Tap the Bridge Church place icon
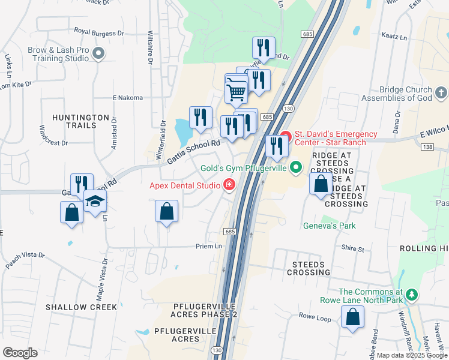pos(441,93)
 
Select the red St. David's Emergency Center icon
pos(285,138)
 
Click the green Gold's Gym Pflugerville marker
pos(295,167)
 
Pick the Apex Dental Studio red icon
pos(228,185)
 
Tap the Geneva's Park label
pos(328,226)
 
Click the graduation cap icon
pos(95,202)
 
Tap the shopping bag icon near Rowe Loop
pos(352,316)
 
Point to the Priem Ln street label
pos(209,246)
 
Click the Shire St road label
pos(352,248)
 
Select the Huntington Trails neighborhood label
pos(80,121)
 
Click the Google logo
pos(20,353)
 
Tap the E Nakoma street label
pos(127,98)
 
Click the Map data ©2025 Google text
pos(406,355)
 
